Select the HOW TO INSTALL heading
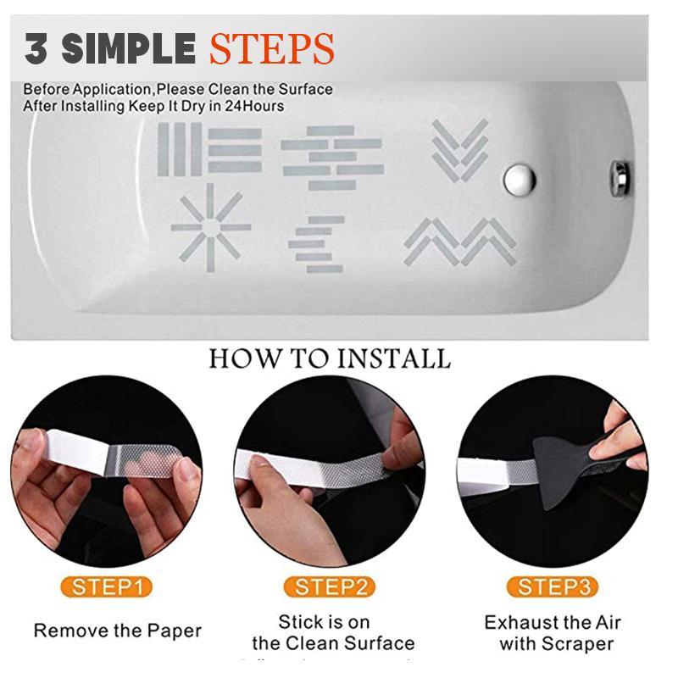pos(330,358)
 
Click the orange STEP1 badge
pos(106,586)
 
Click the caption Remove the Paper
pos(118,631)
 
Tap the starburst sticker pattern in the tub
pos(210,227)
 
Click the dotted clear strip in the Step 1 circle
pos(148,464)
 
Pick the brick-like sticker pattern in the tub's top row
pos(332,156)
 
